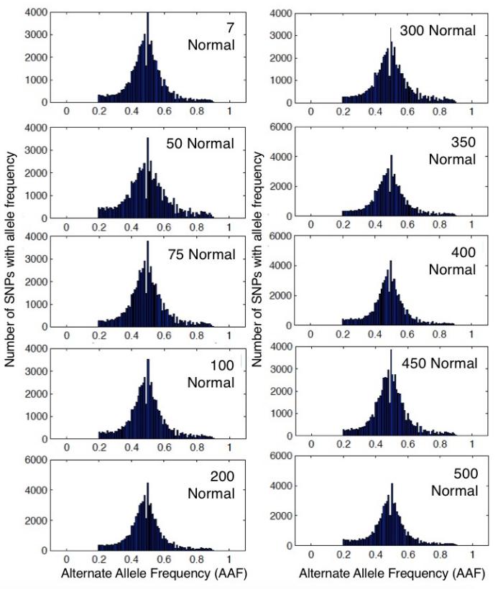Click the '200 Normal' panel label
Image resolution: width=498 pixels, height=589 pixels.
tap(211, 486)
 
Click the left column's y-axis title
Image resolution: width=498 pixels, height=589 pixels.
tap(11, 287)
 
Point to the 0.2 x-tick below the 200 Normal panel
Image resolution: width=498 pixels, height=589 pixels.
tap(98, 557)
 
